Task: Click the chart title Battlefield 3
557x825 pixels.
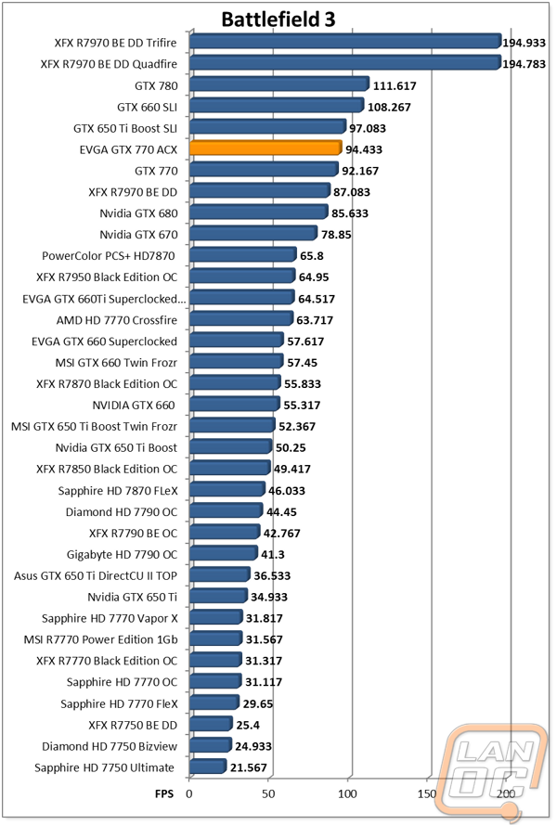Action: (278, 19)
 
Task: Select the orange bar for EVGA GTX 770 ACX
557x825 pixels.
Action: (266, 148)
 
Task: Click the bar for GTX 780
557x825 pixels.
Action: (279, 84)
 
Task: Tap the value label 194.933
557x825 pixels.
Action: (524, 43)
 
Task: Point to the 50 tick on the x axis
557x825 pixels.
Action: (268, 794)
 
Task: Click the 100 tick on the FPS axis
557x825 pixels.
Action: (347, 794)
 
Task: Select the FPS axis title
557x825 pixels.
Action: (164, 794)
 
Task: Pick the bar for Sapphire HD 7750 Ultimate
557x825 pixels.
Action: (208, 767)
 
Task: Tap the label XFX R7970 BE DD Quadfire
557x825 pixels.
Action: (109, 64)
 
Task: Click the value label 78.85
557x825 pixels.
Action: (336, 235)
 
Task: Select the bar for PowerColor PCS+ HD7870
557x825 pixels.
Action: (242, 255)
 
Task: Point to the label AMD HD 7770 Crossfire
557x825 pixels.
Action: (117, 320)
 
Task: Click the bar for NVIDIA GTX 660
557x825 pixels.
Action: (234, 404)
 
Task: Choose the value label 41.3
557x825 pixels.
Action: (273, 555)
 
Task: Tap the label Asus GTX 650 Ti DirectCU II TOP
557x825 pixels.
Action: (96, 575)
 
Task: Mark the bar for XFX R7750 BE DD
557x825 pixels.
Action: (211, 724)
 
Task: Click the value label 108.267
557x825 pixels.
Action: (389, 108)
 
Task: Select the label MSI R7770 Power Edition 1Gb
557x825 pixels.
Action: (100, 639)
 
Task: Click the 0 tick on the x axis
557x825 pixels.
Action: (189, 794)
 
